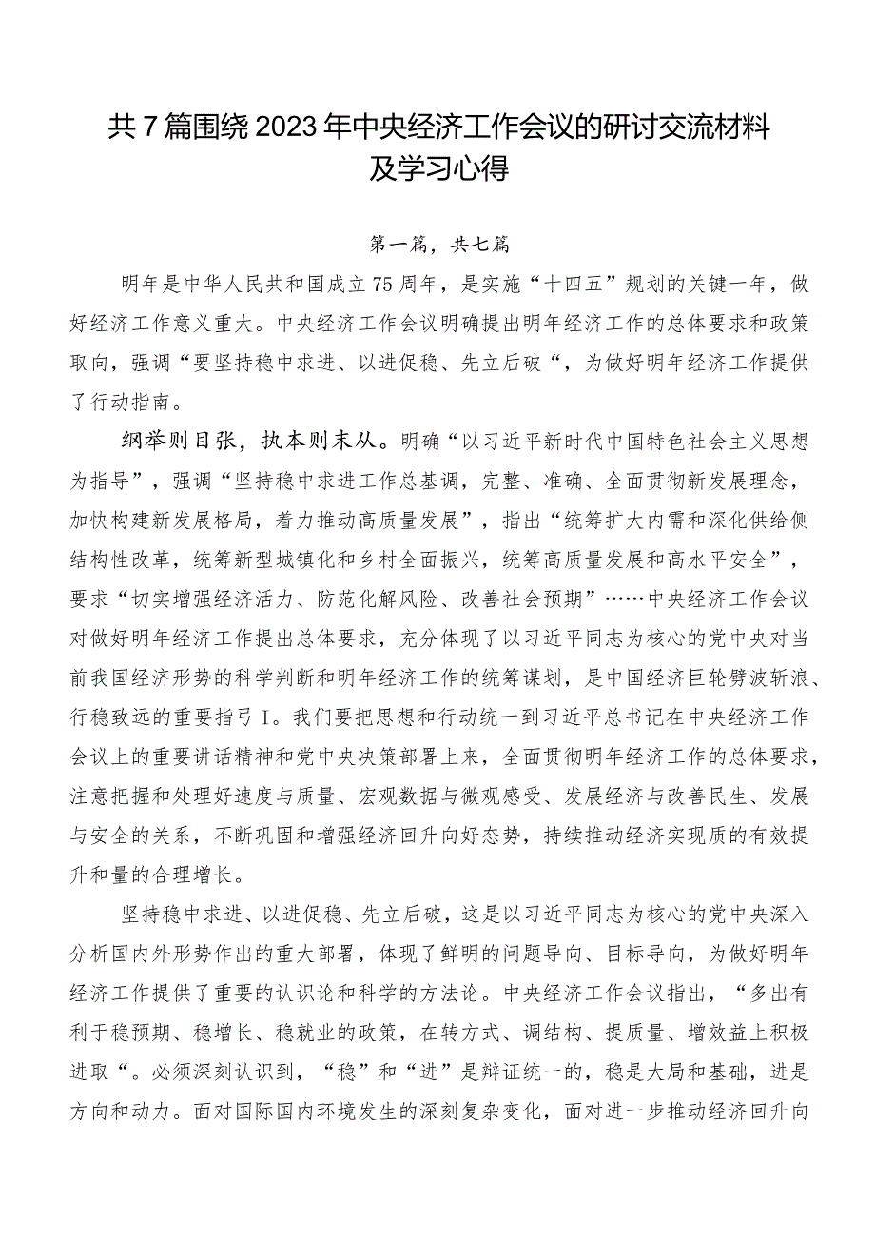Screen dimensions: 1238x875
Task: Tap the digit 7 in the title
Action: click(x=149, y=127)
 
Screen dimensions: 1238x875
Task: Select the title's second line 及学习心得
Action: click(x=438, y=168)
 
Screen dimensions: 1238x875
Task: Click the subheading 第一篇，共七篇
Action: click(x=439, y=245)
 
